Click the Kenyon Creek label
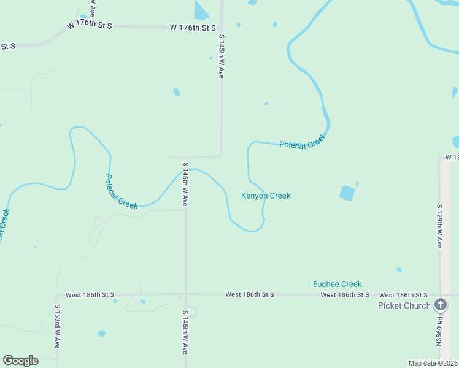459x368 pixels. [x=265, y=196]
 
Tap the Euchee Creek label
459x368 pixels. [x=337, y=284]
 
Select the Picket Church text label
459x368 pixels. [x=404, y=305]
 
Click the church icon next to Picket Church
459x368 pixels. [x=441, y=304]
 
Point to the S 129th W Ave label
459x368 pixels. [x=439, y=226]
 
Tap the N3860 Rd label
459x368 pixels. [x=439, y=331]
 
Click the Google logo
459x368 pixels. [x=20, y=361]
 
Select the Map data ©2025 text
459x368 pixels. [x=433, y=363]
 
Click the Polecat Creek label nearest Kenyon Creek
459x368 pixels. [x=301, y=144]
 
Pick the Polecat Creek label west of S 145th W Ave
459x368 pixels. [x=121, y=192]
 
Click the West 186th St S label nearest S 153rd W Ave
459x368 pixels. [x=90, y=295]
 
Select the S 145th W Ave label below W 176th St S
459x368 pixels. [x=221, y=56]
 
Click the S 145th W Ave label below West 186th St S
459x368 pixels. [x=185, y=332]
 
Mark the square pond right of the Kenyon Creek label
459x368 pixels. [x=347, y=193]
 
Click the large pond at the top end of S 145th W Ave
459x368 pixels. [x=201, y=10]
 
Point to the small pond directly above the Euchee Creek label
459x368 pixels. [x=399, y=269]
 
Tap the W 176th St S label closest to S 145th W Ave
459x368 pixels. [x=193, y=28]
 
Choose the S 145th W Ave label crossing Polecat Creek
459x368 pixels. [x=185, y=184]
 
